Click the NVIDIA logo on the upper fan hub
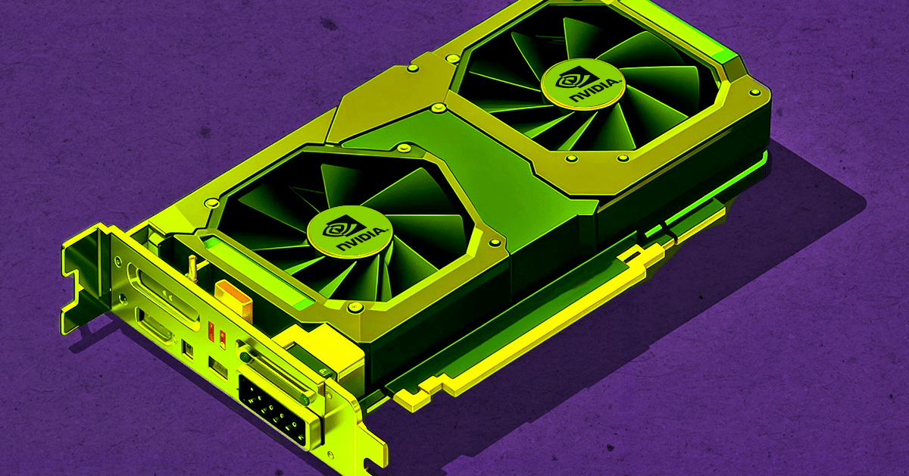pyautogui.click(x=583, y=83)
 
